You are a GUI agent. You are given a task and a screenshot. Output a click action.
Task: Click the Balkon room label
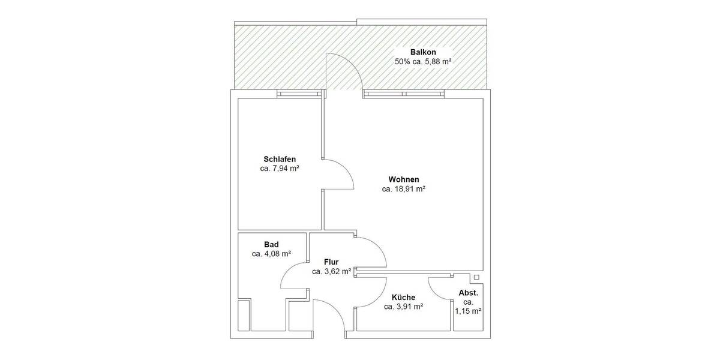click(423, 52)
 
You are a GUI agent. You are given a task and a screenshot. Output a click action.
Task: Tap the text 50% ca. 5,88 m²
click(423, 61)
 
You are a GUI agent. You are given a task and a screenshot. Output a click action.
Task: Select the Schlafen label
click(280, 159)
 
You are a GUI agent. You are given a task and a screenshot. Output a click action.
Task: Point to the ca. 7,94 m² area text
click(280, 169)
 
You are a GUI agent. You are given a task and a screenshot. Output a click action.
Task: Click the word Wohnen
click(404, 179)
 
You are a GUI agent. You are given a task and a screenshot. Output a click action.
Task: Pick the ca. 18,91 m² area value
click(404, 189)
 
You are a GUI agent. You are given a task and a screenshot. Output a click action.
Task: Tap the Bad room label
click(271, 244)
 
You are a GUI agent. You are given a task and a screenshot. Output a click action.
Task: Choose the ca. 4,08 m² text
click(271, 254)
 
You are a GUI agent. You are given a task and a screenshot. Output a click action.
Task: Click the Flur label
click(331, 262)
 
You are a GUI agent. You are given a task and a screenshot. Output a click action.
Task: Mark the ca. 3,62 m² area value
click(331, 271)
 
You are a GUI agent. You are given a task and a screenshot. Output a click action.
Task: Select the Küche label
click(404, 297)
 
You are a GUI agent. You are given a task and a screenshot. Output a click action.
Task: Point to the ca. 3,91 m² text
click(404, 307)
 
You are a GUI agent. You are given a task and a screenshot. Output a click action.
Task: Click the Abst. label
click(468, 293)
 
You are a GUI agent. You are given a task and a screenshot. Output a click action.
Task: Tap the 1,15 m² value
click(468, 311)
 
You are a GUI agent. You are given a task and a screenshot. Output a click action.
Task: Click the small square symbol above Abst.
click(476, 277)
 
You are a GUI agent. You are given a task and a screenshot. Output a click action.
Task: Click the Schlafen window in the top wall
click(299, 94)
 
